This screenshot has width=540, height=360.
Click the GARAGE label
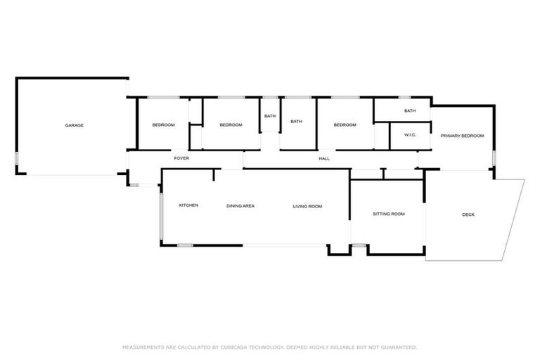[75, 125]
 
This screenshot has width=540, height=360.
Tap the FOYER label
[182, 158]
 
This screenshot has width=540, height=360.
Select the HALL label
[324, 158]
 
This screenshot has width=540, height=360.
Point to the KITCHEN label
[188, 205]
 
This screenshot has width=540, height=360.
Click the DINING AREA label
[240, 206]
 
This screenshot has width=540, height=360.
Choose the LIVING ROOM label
[307, 206]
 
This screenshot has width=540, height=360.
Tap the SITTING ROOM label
[388, 214]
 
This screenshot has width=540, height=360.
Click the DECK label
[468, 214]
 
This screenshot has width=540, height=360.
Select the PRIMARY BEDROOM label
[462, 135]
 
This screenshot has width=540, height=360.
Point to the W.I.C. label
[411, 135]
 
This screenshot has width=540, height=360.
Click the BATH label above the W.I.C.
[410, 111]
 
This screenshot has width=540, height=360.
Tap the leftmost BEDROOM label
[163, 125]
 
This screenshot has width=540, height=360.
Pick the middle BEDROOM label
[231, 125]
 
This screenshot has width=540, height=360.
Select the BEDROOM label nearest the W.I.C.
[345, 125]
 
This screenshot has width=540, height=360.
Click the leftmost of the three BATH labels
[270, 115]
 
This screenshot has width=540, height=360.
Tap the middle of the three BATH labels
[296, 121]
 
